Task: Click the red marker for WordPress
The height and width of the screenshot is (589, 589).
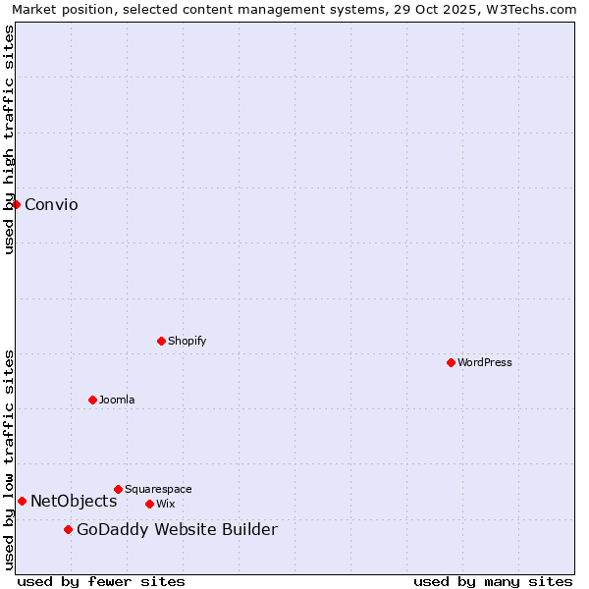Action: coord(451,362)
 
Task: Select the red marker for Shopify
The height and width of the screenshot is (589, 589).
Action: coord(161,341)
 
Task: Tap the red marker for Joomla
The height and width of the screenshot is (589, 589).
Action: coord(92,400)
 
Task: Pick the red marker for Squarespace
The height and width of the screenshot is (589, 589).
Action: coord(118,489)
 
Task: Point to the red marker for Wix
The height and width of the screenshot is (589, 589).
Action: coord(149,504)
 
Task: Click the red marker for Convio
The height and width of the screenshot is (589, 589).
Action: coord(17,204)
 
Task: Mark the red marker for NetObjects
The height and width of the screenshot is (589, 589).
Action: coord(22,501)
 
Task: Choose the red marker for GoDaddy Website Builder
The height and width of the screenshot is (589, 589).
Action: coord(68,530)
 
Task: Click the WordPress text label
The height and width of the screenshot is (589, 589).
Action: coord(485,362)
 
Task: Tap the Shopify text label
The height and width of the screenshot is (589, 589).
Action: coord(187,341)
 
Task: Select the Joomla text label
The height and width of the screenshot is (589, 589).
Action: coord(117,400)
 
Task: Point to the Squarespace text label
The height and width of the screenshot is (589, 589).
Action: coord(158,489)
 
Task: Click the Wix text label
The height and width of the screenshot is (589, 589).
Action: coord(166,504)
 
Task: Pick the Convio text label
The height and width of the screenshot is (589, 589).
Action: coord(51,204)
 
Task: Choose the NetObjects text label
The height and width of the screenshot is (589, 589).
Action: coord(74,501)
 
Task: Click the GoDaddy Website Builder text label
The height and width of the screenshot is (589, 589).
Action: coord(177,530)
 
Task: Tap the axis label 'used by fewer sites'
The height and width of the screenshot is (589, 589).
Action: coord(101,581)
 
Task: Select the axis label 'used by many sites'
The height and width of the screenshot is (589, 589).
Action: coord(493,581)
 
